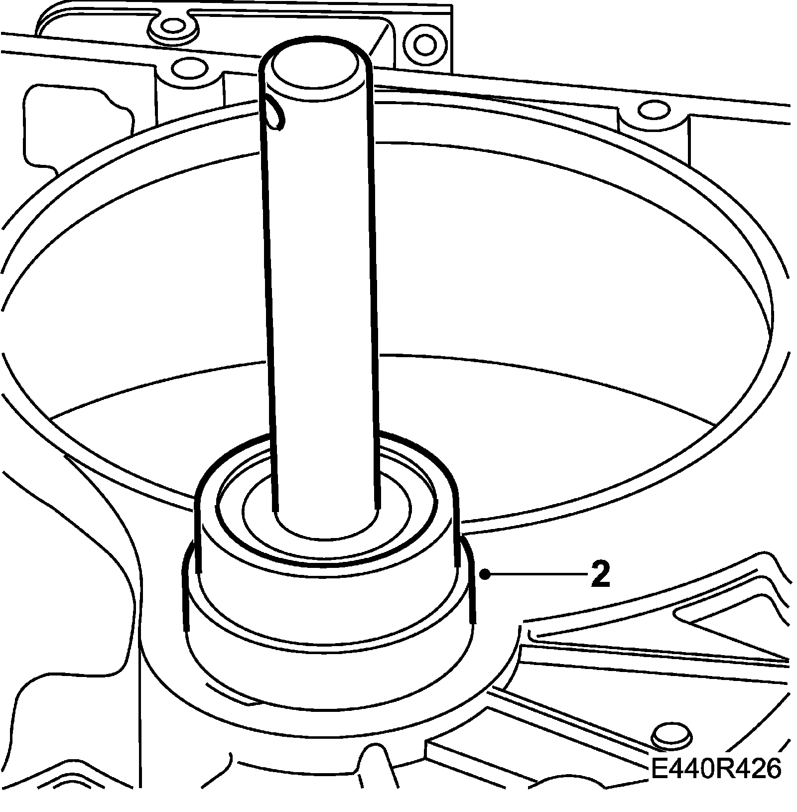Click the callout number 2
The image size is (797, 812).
pos(600,574)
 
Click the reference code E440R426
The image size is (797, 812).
pos(715,769)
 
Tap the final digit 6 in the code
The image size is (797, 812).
pos(770,769)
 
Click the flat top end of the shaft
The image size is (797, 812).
pos(315,68)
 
